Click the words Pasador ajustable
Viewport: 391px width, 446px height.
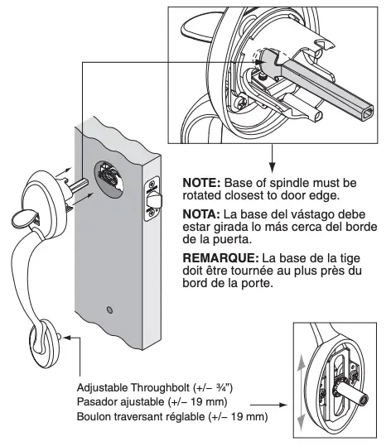coord(123,401)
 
